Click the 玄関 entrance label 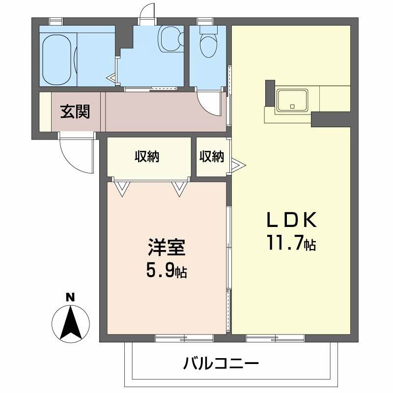pyautogui.click(x=75, y=112)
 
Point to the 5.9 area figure pyautogui.click(x=161, y=270)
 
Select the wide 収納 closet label pyautogui.click(x=147, y=157)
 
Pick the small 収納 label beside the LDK pyautogui.click(x=212, y=157)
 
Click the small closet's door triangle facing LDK pyautogui.click(x=236, y=165)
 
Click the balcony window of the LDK pyautogui.click(x=275, y=337)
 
